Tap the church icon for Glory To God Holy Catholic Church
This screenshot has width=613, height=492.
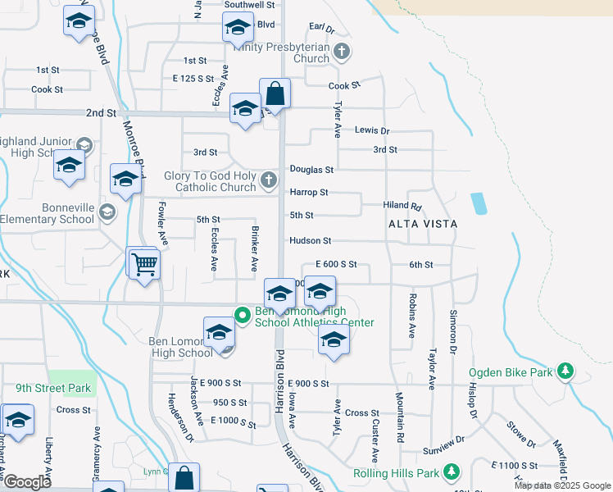click(x=269, y=180)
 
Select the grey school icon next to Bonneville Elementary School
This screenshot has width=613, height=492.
click(x=106, y=213)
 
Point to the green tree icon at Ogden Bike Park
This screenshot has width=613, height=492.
click(x=565, y=372)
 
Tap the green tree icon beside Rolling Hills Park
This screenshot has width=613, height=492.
click(x=450, y=472)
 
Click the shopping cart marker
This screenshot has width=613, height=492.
click(x=144, y=264)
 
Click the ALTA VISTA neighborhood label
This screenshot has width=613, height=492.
click(x=424, y=224)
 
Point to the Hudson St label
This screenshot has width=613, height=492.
click(x=309, y=241)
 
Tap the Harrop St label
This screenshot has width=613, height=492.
click(x=307, y=193)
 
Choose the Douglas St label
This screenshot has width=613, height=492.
click(x=311, y=170)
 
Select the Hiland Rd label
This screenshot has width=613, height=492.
click(x=402, y=207)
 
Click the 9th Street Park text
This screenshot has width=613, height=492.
click(x=53, y=388)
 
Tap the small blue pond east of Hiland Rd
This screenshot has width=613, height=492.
click(x=478, y=203)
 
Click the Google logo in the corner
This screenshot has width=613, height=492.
click(x=27, y=482)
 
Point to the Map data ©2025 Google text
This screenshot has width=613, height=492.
click(x=561, y=485)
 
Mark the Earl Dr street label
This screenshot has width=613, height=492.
click(x=322, y=30)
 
